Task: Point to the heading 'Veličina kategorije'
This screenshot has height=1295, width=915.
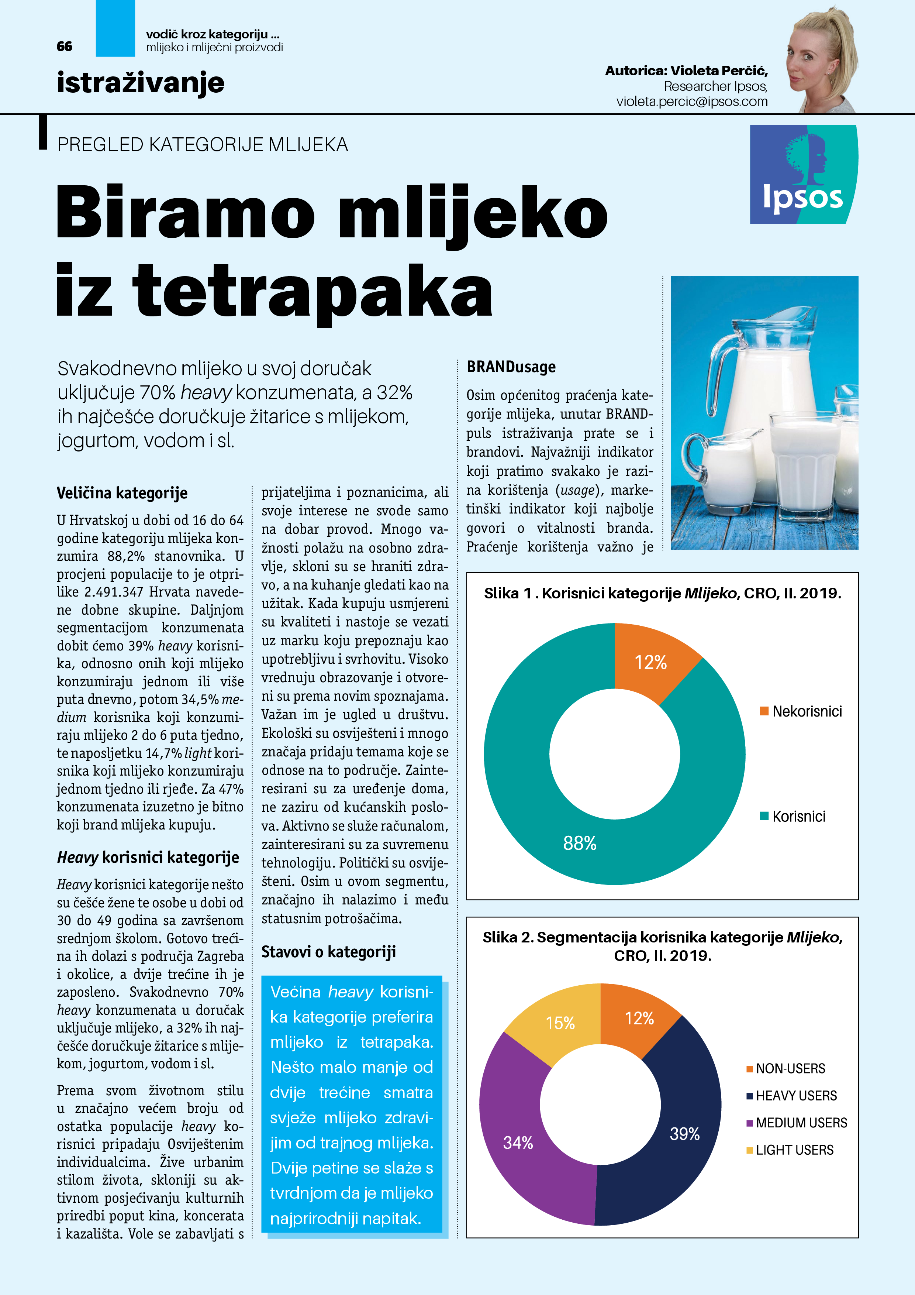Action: click(x=122, y=493)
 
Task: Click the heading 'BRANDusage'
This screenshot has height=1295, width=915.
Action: click(x=511, y=367)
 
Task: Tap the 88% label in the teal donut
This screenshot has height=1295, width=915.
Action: click(x=580, y=843)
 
